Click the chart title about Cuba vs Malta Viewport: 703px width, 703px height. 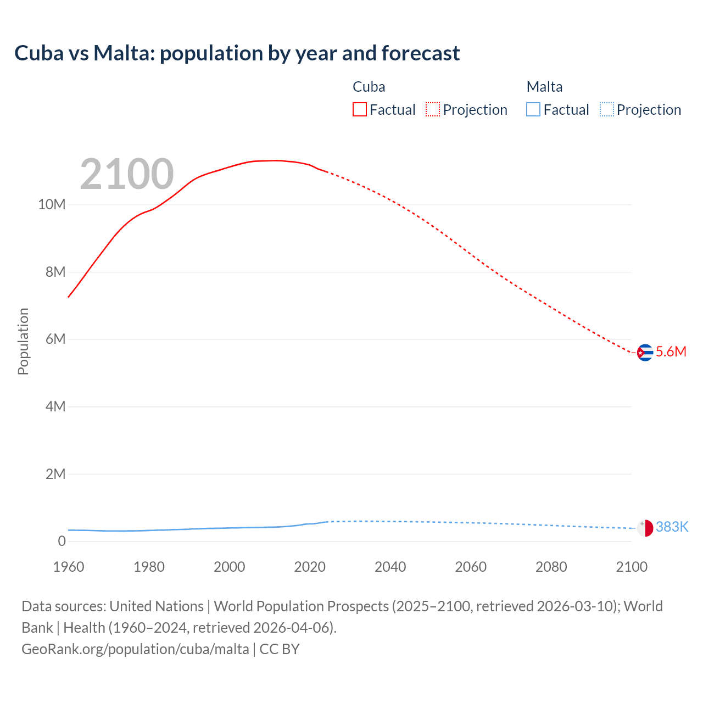[x=237, y=53]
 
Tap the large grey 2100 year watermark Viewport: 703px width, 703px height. [x=127, y=174]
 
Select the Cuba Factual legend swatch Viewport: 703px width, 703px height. [x=360, y=110]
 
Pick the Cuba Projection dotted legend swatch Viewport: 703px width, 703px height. [x=433, y=110]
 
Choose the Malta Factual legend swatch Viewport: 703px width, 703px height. [x=533, y=110]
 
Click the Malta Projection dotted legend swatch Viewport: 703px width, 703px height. [x=606, y=110]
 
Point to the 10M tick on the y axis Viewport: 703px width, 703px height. [x=52, y=205]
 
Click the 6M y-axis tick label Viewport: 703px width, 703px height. [x=55, y=339]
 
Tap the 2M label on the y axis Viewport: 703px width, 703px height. [x=55, y=474]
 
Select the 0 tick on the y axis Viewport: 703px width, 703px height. [x=62, y=541]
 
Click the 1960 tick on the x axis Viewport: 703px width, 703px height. [x=69, y=567]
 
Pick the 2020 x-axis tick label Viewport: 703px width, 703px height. [x=310, y=567]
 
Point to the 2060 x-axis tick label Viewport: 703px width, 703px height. [x=471, y=567]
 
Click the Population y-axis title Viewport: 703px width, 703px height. [x=23, y=341]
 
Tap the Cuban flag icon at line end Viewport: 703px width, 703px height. [x=645, y=353]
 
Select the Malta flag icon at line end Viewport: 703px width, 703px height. [x=645, y=528]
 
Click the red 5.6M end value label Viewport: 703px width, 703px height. [x=671, y=352]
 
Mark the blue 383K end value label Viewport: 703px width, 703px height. [x=672, y=527]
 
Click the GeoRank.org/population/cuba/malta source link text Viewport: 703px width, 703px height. [x=135, y=649]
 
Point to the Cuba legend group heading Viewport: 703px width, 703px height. [x=369, y=87]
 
